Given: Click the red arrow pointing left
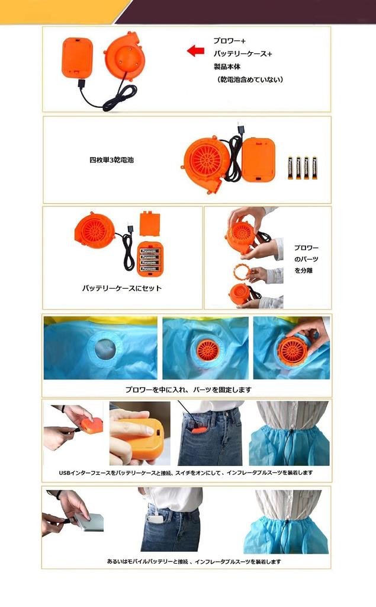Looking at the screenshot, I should (x=195, y=51).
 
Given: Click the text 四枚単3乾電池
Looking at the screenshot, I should (x=111, y=160).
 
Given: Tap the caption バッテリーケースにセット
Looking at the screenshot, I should (x=121, y=289).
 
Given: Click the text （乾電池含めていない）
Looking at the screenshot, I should (x=249, y=79).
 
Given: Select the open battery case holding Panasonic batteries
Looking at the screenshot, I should (x=150, y=258).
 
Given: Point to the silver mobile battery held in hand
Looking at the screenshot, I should (x=89, y=522).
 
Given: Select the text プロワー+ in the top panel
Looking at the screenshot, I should (x=229, y=41).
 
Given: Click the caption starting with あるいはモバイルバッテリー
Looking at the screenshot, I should (x=185, y=561).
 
